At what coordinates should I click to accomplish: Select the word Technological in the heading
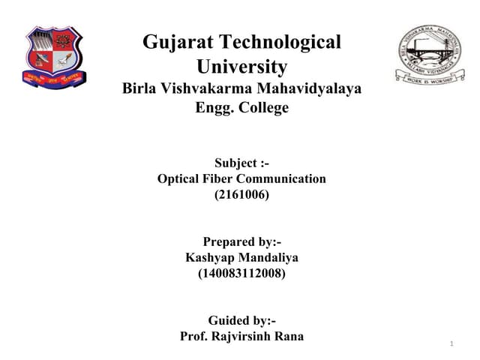pyautogui.click(x=278, y=43)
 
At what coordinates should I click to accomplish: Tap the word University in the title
pyautogui.click(x=241, y=67)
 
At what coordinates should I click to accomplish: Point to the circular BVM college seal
pyautogui.click(x=429, y=54)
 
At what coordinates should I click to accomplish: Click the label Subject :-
pyautogui.click(x=241, y=163)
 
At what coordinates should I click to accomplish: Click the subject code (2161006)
pyautogui.click(x=241, y=195)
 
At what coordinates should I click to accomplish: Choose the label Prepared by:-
pyautogui.click(x=241, y=241)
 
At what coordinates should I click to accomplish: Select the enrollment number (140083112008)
pyautogui.click(x=241, y=274)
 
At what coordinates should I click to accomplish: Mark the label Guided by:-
pyautogui.click(x=241, y=319)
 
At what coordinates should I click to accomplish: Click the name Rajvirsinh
pyautogui.click(x=241, y=336)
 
